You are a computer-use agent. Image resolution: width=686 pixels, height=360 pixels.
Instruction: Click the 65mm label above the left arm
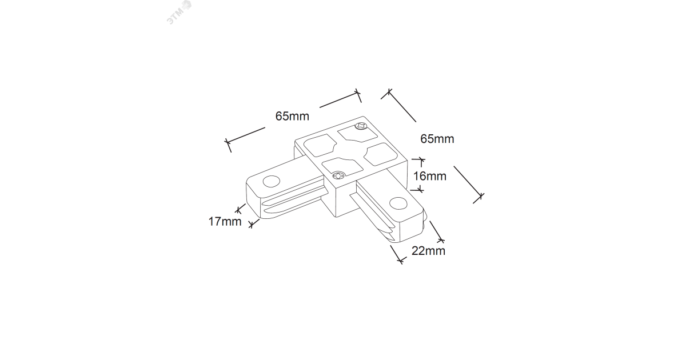tap(292, 117)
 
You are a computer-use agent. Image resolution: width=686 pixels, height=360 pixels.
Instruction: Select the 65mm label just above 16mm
tap(437, 138)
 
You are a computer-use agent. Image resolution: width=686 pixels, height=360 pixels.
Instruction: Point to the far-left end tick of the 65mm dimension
tap(228, 145)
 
